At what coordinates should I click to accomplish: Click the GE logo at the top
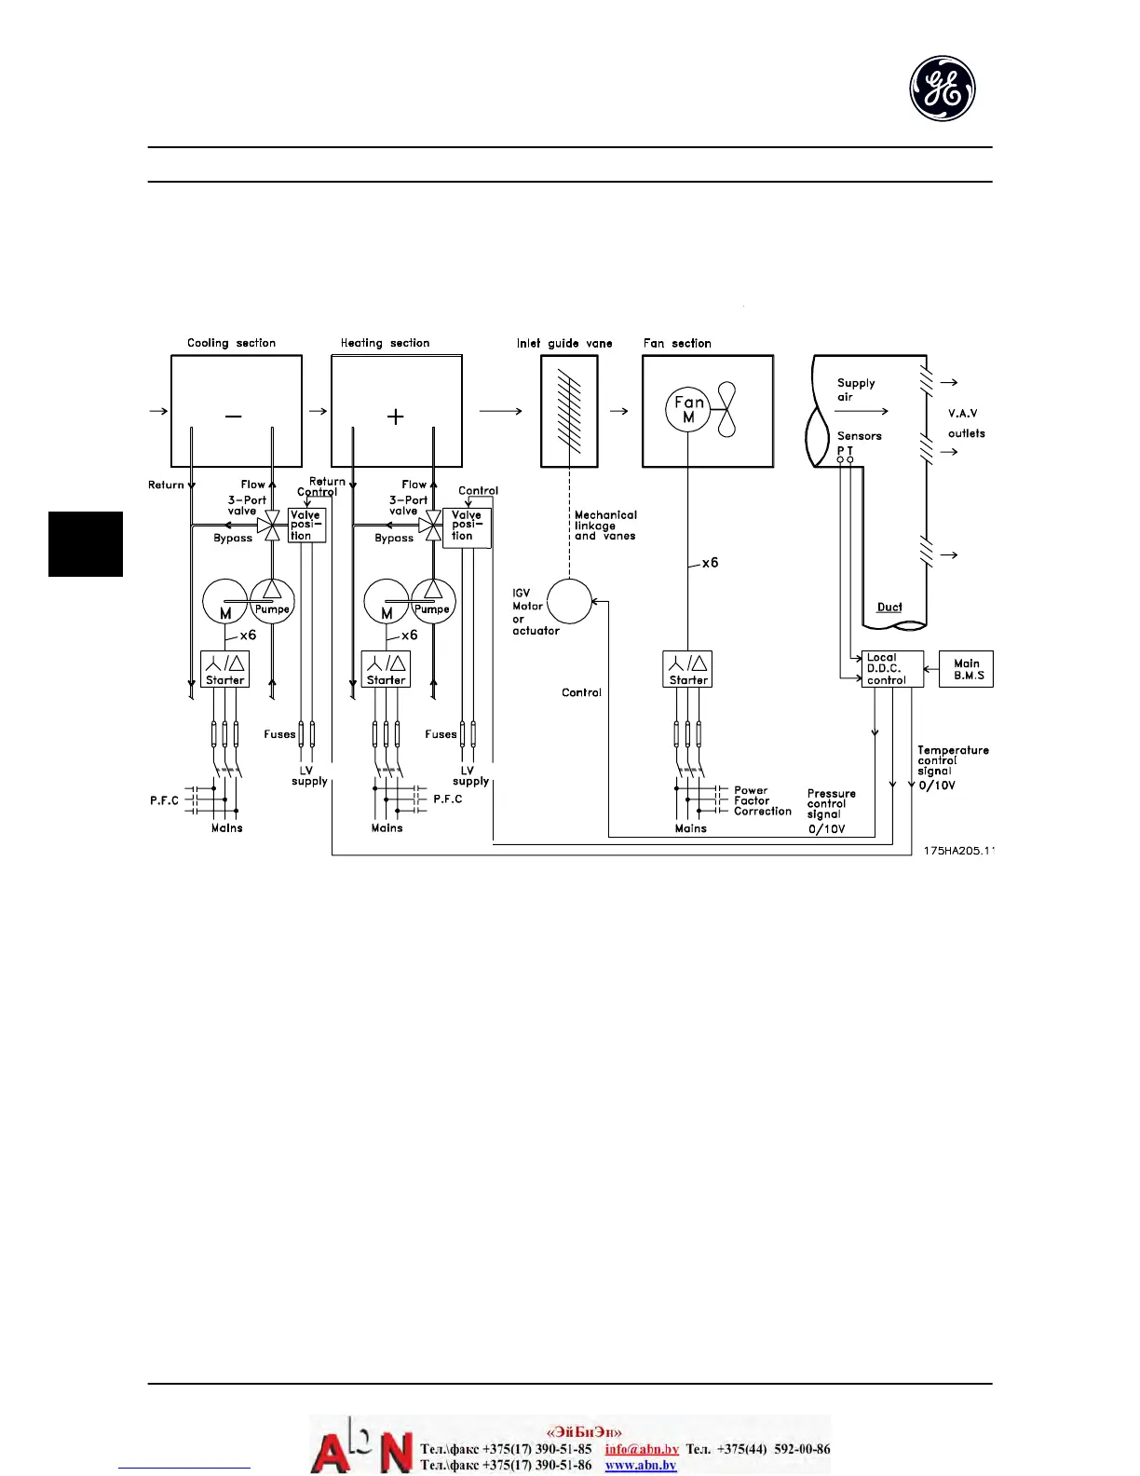point(943,89)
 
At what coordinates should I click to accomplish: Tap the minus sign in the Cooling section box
point(233,416)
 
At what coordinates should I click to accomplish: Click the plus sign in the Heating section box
point(396,417)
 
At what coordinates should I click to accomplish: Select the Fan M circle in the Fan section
point(688,409)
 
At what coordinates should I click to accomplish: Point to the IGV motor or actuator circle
point(569,602)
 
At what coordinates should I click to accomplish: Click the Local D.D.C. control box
point(892,669)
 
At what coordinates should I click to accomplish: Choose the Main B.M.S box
point(967,669)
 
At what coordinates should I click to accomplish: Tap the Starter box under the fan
point(688,669)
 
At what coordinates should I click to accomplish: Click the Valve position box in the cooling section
point(306,526)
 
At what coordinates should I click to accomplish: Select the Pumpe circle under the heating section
point(432,601)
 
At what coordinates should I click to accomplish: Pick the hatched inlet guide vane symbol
point(569,411)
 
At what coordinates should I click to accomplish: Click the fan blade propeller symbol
point(726,409)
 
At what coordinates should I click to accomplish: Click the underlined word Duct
point(889,608)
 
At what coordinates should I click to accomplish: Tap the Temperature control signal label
point(952,760)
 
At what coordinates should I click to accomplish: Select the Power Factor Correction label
point(762,800)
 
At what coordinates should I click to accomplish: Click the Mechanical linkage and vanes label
point(605,526)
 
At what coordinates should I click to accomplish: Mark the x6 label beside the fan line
point(710,563)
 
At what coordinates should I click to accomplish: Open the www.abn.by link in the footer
point(640,1465)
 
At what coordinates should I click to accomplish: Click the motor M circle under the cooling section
point(224,602)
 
